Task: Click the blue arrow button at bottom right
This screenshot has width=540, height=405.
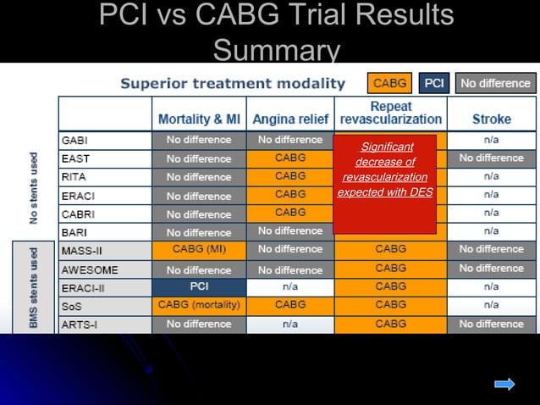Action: [504, 384]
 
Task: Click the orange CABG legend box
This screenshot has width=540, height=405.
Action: [390, 83]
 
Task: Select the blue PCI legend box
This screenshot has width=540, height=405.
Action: [434, 83]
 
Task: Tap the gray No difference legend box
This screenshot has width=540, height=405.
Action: [495, 83]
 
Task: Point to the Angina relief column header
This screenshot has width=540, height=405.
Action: [290, 119]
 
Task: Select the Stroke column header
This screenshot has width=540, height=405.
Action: [491, 119]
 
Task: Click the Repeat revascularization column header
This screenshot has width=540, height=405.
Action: [390, 114]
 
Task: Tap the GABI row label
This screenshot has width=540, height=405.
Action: [75, 140]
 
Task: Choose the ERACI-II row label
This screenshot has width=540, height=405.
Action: [82, 288]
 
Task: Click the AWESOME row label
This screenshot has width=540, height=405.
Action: [89, 269]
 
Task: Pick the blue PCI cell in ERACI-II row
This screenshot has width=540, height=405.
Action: [199, 287]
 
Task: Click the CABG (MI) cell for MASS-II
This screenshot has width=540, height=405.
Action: [199, 250]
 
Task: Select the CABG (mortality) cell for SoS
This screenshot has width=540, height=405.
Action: [199, 305]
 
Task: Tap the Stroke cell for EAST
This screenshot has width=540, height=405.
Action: [491, 158]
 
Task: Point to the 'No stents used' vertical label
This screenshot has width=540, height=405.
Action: [35, 187]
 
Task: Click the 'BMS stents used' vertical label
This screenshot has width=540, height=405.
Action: [35, 287]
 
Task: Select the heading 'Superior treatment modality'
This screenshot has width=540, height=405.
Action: [233, 83]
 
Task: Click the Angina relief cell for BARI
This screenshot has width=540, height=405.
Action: [290, 231]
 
